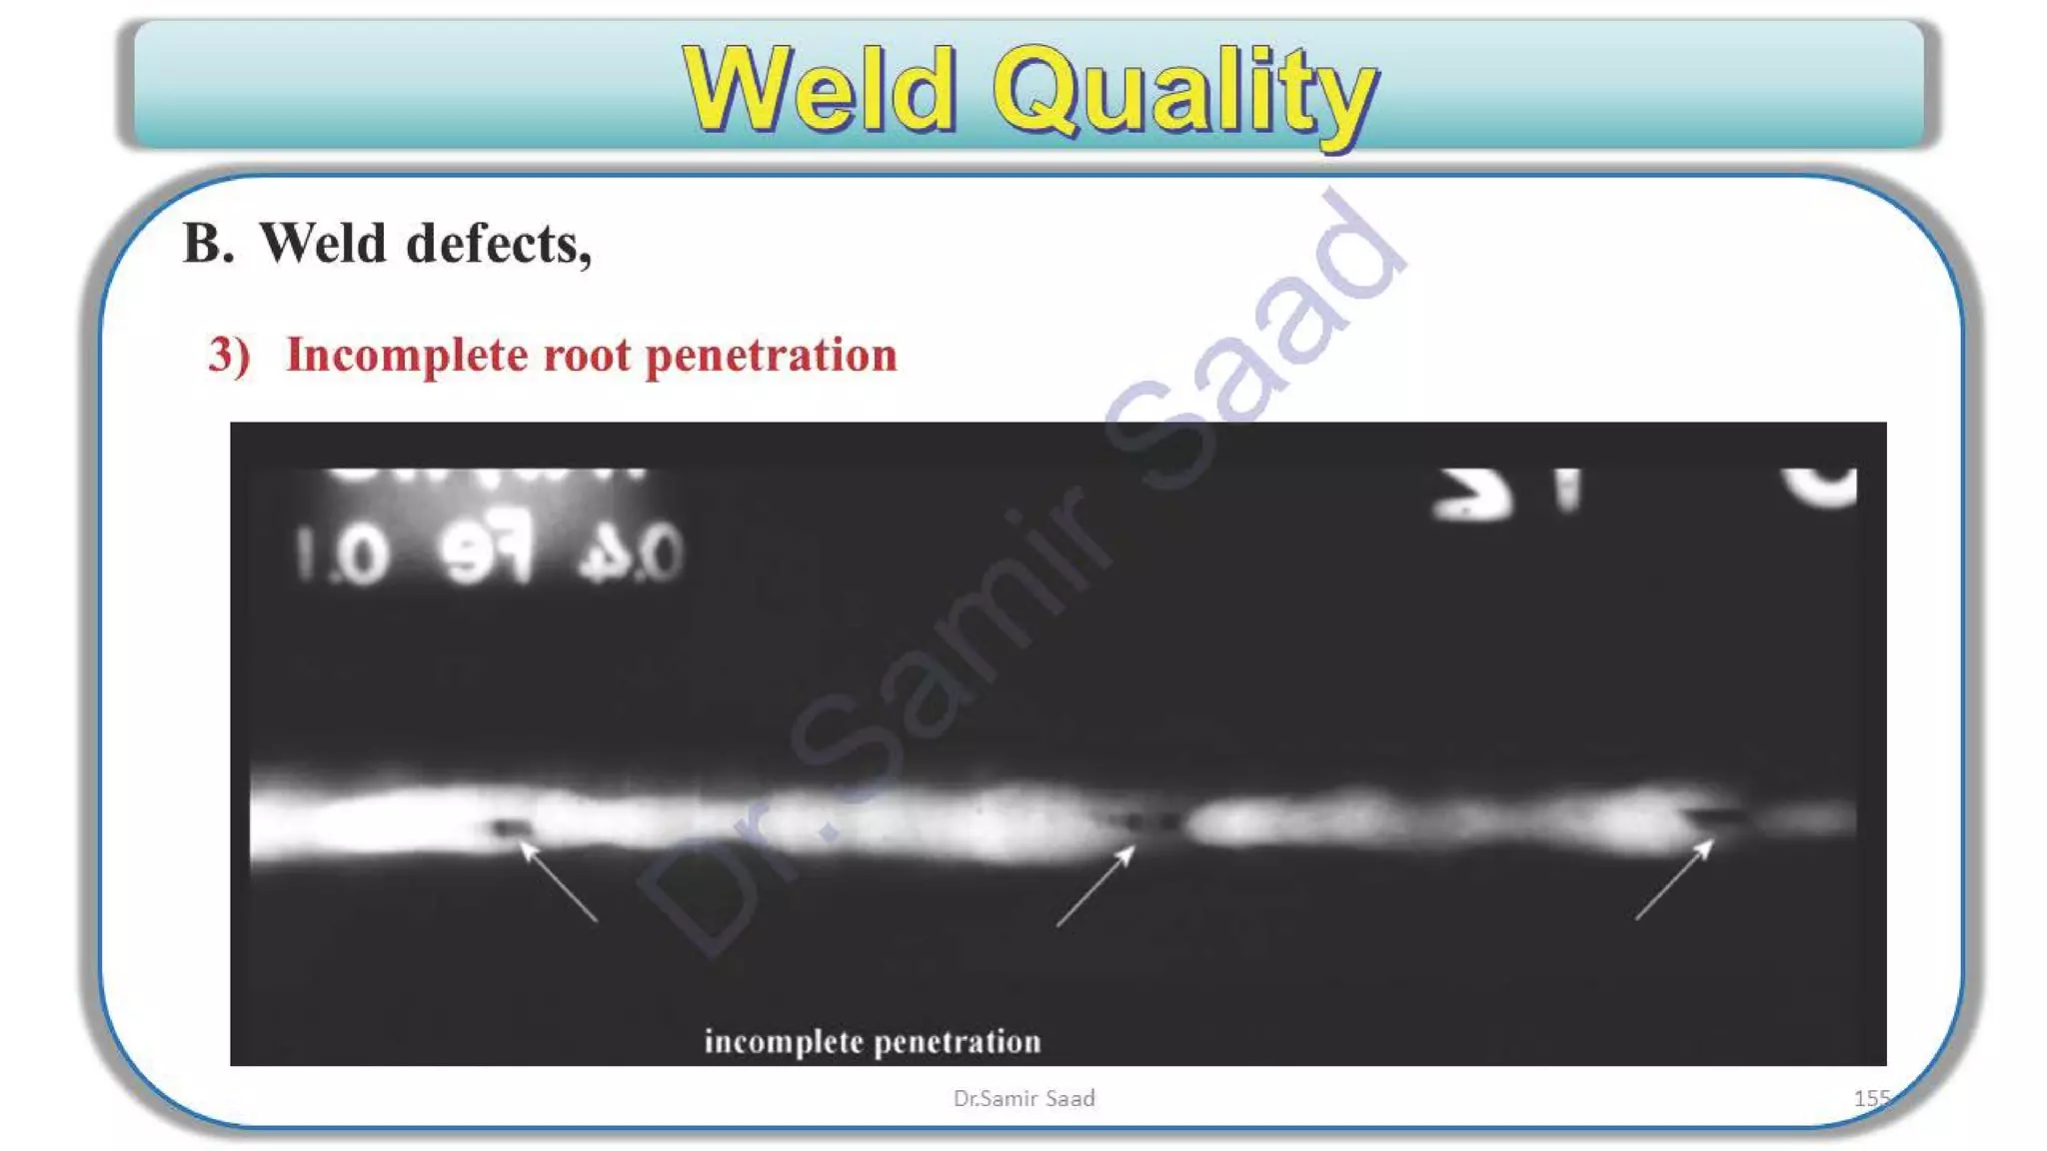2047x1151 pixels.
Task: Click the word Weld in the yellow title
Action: (819, 90)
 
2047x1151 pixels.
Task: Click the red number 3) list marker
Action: (229, 355)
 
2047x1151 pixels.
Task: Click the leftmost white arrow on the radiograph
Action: (558, 881)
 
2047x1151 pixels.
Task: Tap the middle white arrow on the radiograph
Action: (1095, 886)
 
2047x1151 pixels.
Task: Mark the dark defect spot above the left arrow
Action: (509, 827)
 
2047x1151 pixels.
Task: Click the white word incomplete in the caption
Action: (784, 1042)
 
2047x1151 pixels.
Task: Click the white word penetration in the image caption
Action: (958, 1042)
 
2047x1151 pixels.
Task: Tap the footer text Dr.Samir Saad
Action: (1023, 1098)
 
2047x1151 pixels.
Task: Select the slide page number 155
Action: (1871, 1098)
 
